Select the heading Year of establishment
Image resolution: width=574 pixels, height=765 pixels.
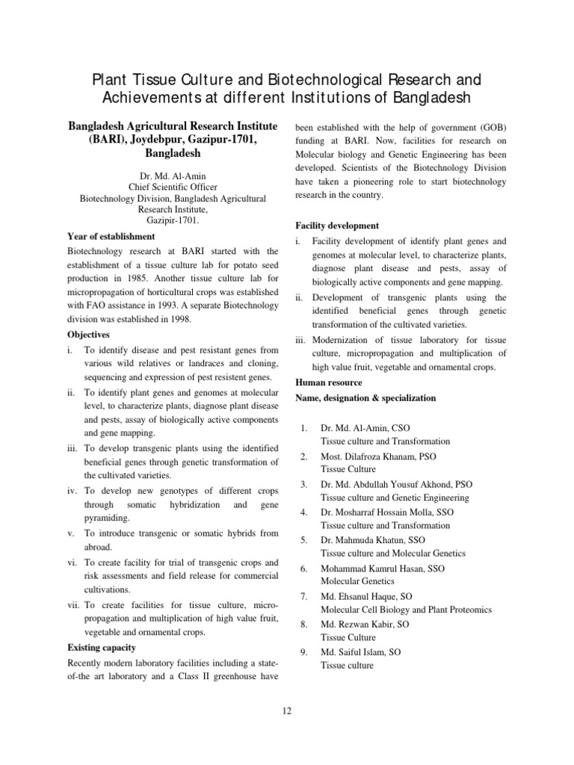point(111,236)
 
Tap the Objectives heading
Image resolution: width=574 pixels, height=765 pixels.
point(88,335)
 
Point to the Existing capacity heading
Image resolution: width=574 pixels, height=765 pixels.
point(102,647)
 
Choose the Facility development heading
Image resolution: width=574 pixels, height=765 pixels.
point(337,226)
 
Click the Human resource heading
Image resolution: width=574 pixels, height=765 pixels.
point(329,382)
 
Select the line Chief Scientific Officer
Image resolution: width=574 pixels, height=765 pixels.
point(173,187)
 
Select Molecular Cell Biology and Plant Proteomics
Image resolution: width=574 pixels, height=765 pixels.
point(406,610)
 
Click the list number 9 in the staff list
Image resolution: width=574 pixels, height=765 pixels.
point(303,652)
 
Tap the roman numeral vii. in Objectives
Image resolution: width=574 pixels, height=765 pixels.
point(74,604)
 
